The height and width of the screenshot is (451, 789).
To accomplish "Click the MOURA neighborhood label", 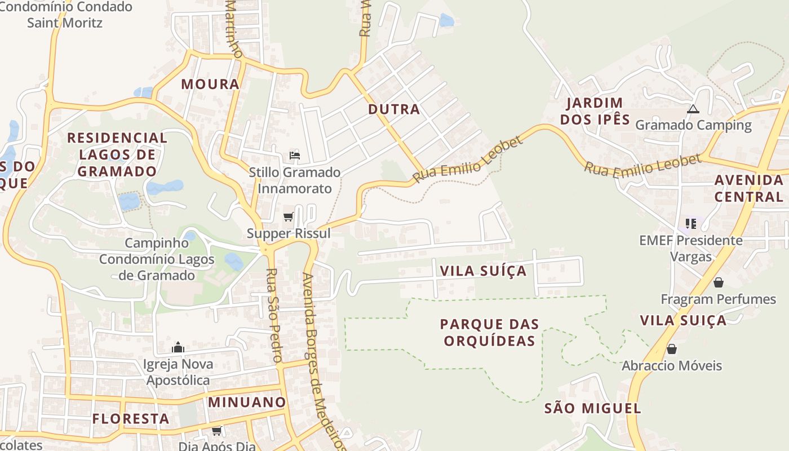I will pyautogui.click(x=210, y=85).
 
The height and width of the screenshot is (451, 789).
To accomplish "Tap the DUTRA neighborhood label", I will pyautogui.click(x=394, y=109).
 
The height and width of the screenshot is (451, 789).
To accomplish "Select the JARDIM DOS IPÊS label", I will pyautogui.click(x=595, y=111).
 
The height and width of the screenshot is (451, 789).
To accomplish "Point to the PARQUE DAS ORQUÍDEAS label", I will pyautogui.click(x=489, y=333).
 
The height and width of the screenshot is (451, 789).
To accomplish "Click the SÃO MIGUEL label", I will pyautogui.click(x=592, y=409).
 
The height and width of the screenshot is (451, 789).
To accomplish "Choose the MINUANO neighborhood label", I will pyautogui.click(x=247, y=403).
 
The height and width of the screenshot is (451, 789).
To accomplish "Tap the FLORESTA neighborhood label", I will pyautogui.click(x=131, y=419).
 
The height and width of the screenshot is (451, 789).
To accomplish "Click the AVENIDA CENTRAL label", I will pyautogui.click(x=749, y=188).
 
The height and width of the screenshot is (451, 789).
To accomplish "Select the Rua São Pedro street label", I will pyautogui.click(x=273, y=315).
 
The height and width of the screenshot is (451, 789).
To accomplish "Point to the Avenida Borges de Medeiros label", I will pyautogui.click(x=323, y=361).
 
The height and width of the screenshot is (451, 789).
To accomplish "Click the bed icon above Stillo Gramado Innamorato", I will pyautogui.click(x=294, y=156).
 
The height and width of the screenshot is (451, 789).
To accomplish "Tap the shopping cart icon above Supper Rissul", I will pyautogui.click(x=289, y=216).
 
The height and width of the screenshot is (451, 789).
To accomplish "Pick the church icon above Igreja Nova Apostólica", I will pyautogui.click(x=178, y=347).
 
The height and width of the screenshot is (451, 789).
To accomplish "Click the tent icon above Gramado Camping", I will pyautogui.click(x=693, y=109).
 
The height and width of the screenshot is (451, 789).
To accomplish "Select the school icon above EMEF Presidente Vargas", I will pyautogui.click(x=691, y=224).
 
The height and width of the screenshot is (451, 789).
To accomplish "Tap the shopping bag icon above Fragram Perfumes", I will pyautogui.click(x=718, y=282).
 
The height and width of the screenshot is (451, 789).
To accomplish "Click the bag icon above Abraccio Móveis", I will pyautogui.click(x=671, y=350).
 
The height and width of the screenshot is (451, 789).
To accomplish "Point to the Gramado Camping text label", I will pyautogui.click(x=693, y=125).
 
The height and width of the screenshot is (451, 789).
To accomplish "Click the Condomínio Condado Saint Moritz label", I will pyautogui.click(x=65, y=15).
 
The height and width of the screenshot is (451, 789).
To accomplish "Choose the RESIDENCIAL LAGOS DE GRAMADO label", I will pyautogui.click(x=117, y=154).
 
